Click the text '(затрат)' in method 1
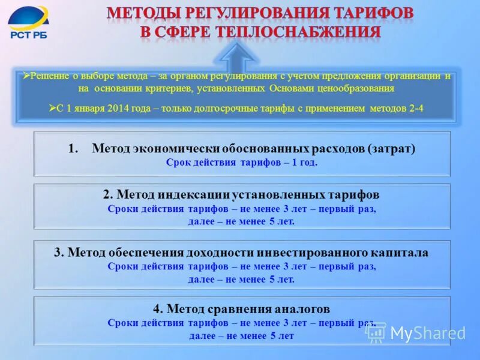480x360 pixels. pyautogui.click(x=392, y=148)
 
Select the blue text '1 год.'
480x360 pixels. pyautogui.click(x=304, y=162)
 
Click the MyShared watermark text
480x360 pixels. pyautogui.click(x=427, y=334)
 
